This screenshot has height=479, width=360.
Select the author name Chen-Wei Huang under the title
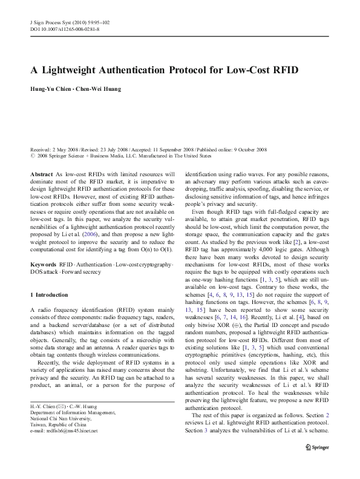point(99,89)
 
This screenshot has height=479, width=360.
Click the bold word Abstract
point(41,174)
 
